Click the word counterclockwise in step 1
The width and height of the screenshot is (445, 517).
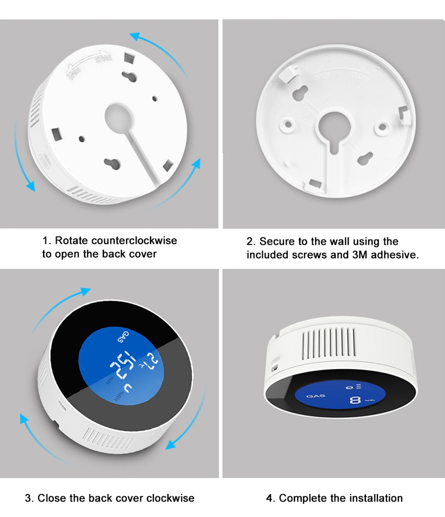point(134,241)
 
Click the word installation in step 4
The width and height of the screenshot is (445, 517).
point(370,498)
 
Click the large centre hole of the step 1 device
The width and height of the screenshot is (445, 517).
point(120,117)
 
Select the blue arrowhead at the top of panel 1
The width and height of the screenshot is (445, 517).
point(136,37)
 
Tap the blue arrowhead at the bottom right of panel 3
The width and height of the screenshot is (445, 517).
point(170,444)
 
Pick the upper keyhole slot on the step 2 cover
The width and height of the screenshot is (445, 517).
point(300,93)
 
